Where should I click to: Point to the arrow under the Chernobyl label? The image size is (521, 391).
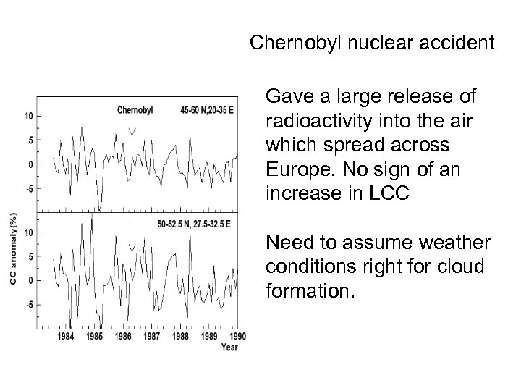(x=132, y=127)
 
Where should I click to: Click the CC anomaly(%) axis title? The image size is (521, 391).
(x=12, y=248)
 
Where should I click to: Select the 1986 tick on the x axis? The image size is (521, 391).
(x=123, y=337)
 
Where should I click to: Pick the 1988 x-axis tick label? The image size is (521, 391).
(x=180, y=337)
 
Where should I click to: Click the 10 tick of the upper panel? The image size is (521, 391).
(x=27, y=116)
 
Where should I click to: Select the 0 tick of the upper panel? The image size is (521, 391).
(x=30, y=164)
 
